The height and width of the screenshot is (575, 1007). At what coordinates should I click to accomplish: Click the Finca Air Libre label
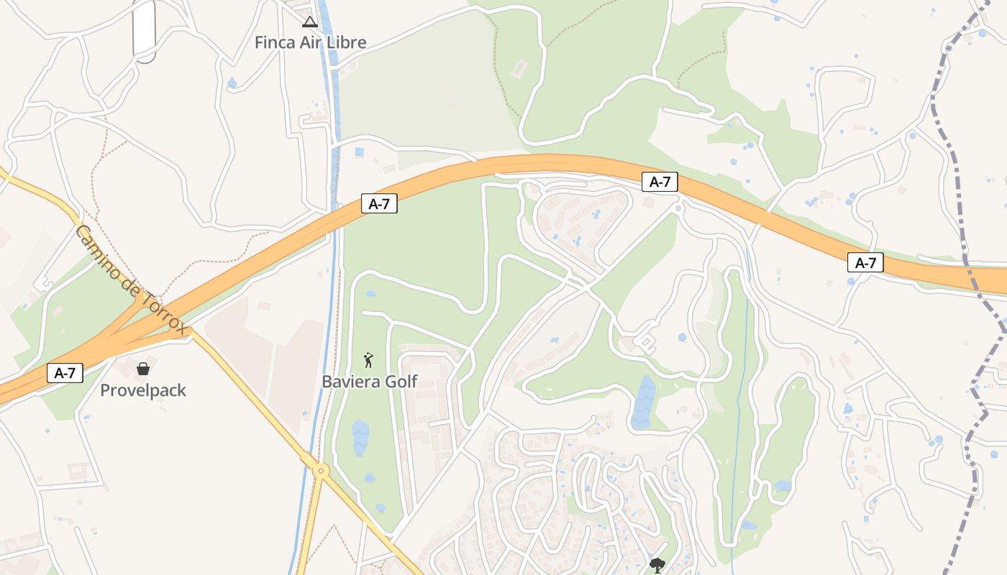coord(310,42)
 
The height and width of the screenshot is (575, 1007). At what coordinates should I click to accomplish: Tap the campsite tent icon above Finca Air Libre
coord(309,22)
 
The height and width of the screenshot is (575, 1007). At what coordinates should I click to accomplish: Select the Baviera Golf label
coord(369,382)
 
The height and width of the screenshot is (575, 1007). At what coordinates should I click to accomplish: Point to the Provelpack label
coord(143,391)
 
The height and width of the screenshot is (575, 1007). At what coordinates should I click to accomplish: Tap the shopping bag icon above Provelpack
coord(143,369)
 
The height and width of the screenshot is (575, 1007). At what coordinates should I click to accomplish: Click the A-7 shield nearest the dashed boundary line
coord(865,263)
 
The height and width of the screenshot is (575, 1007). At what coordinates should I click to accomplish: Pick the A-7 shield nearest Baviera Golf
coord(379,204)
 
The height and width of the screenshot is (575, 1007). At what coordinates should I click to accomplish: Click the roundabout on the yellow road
coord(321,471)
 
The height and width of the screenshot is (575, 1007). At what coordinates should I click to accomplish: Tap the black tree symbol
coord(657,565)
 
